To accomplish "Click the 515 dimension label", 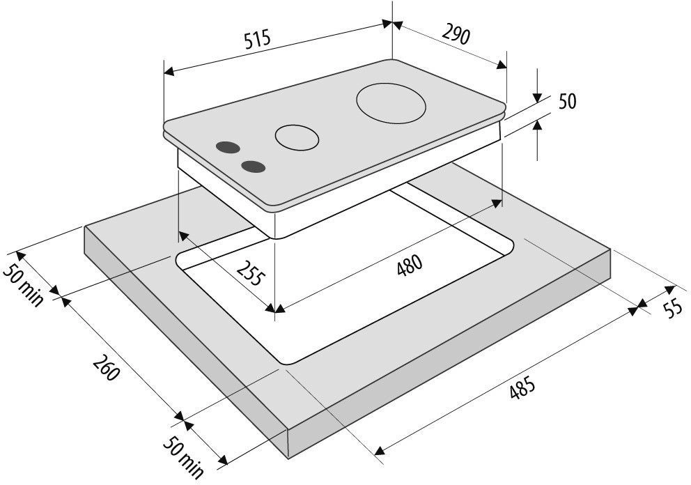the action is [x=258, y=40].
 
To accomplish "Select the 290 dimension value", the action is [x=456, y=36].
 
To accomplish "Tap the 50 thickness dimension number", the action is [x=567, y=102].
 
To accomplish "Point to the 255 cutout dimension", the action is [x=251, y=273].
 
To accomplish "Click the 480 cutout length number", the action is [x=410, y=265].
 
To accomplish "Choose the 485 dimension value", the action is [x=522, y=387].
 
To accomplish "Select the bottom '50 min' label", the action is [x=183, y=457].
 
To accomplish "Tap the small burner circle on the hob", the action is [x=297, y=137].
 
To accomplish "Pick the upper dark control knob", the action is [x=228, y=147].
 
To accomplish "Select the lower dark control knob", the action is [x=254, y=167].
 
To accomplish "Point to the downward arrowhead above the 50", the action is [x=537, y=98].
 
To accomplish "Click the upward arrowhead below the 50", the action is [x=537, y=126].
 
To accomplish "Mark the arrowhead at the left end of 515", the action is [x=169, y=71].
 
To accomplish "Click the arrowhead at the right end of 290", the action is [x=502, y=65].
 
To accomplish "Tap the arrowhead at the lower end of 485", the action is [x=380, y=450].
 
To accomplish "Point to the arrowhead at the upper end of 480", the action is [x=497, y=203].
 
